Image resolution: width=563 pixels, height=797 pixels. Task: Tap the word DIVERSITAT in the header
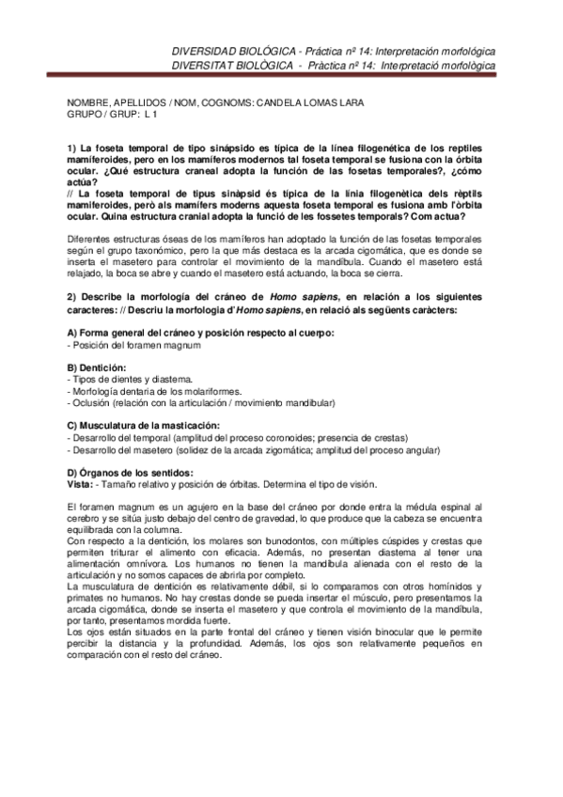tap(204, 64)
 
